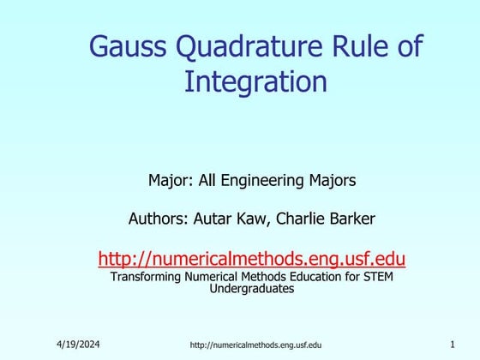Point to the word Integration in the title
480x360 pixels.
[256, 82]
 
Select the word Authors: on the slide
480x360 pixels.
[159, 219]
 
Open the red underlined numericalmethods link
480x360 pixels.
[252, 257]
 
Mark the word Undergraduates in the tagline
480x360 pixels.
[252, 289]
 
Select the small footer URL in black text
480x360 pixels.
[255, 345]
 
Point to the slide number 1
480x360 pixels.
[452, 344]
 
